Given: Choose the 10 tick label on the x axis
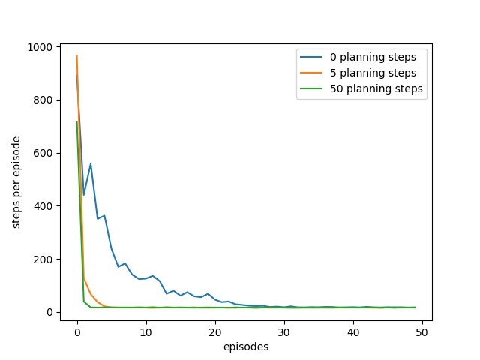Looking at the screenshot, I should pyautogui.click(x=146, y=332).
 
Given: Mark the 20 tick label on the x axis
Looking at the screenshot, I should pyautogui.click(x=215, y=332).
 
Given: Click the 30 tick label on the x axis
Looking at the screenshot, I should pyautogui.click(x=284, y=332).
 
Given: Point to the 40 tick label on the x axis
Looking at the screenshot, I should pyautogui.click(x=353, y=332).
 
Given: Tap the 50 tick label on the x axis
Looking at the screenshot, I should pyautogui.click(x=422, y=332).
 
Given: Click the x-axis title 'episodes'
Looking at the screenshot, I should pyautogui.click(x=246, y=346).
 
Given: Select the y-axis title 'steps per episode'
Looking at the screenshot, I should pyautogui.click(x=16, y=180).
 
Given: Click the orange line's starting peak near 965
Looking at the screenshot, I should pyautogui.click(x=76, y=56).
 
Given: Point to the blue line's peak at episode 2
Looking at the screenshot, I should pyautogui.click(x=91, y=164).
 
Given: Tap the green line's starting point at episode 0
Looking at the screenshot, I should pyautogui.click(x=76, y=122).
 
